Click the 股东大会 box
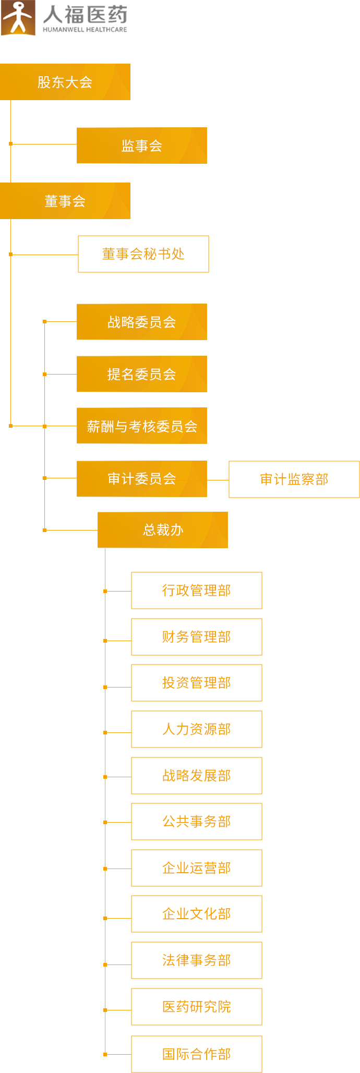pyautogui.click(x=65, y=82)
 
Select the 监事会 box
pyautogui.click(x=142, y=146)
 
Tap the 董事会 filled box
pyautogui.click(x=65, y=201)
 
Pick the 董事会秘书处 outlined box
pyautogui.click(x=143, y=254)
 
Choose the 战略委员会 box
pyautogui.click(x=142, y=322)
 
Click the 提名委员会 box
pyautogui.click(x=142, y=374)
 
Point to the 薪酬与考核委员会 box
pyautogui.click(x=142, y=426)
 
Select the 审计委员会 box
pyautogui.click(x=142, y=479)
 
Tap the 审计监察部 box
pyautogui.click(x=294, y=479)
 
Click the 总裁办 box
pyautogui.click(x=163, y=530)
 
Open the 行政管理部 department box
pyautogui.click(x=197, y=590)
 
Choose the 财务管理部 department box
pyautogui.click(x=197, y=637)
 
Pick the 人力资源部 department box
pyautogui.click(x=197, y=729)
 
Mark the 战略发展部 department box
pyautogui.click(x=197, y=776)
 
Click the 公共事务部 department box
pyautogui.click(x=197, y=822)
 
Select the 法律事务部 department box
pyautogui.click(x=197, y=960)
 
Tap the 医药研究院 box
pyautogui.click(x=197, y=1007)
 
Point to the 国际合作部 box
pyautogui.click(x=197, y=1054)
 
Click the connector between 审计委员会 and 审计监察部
pyautogui.click(x=218, y=479)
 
